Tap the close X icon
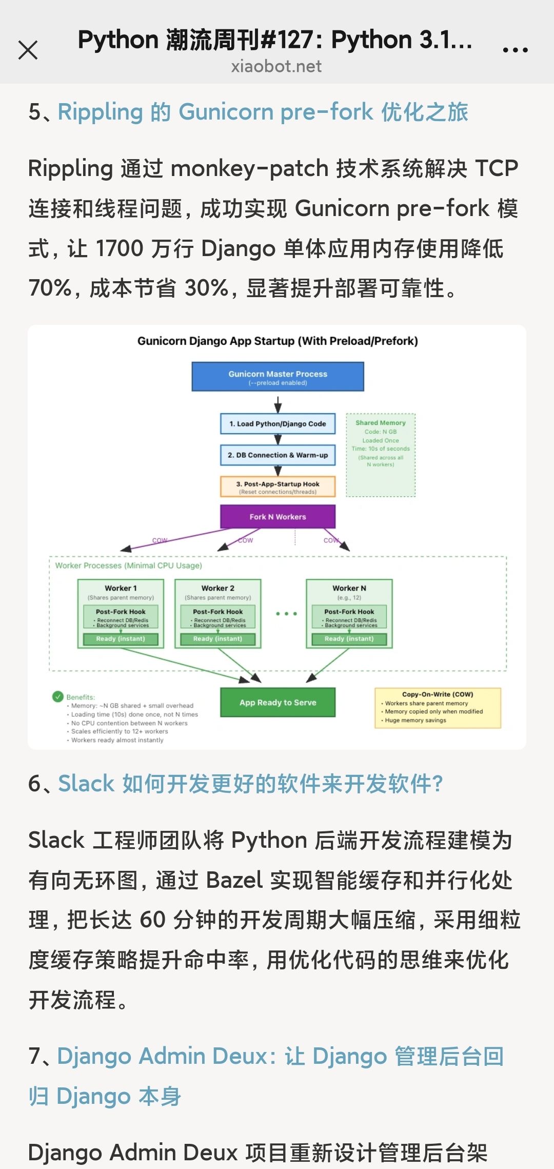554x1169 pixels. point(28,50)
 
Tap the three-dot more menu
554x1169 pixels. point(515,50)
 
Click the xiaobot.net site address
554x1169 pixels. point(276,67)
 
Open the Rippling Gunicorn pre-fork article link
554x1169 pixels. point(263,112)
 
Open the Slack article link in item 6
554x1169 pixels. point(250,784)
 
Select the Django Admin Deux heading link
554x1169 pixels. point(280,1056)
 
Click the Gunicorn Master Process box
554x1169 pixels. point(278,377)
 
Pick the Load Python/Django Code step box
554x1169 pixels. point(278,424)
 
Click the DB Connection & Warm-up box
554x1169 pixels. point(278,455)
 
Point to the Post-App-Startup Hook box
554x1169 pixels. point(278,487)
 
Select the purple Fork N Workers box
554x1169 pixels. point(278,517)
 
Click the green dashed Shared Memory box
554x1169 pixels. point(381,455)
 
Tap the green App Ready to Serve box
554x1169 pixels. point(278,703)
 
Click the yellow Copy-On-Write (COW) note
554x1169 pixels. point(438,708)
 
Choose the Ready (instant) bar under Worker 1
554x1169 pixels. point(121,639)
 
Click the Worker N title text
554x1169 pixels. point(349,588)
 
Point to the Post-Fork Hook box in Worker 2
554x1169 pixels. point(218,616)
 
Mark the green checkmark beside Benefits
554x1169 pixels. point(58,696)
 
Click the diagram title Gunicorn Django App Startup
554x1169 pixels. point(278,341)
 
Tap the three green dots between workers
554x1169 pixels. point(286,614)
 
